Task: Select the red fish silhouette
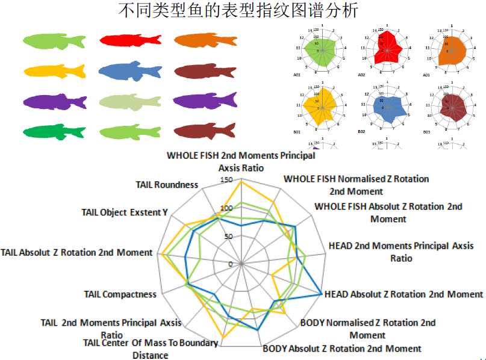point(130,40)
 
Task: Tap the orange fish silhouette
point(205,40)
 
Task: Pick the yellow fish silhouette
point(55,71)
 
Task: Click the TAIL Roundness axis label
point(167,185)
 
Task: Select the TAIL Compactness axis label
point(120,294)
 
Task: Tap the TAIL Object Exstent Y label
point(125,212)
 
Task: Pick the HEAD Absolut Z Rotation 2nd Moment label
point(403,294)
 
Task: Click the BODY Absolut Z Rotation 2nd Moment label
point(342,349)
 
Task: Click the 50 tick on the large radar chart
point(228,237)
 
